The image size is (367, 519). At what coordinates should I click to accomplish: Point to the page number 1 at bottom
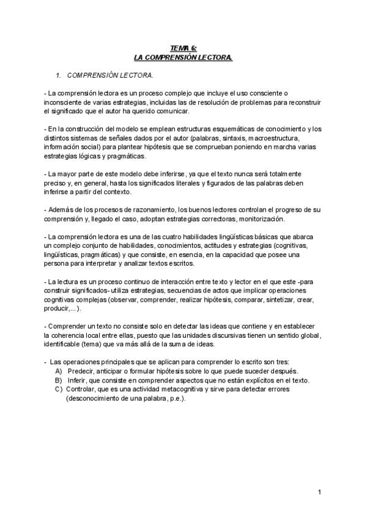321,493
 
